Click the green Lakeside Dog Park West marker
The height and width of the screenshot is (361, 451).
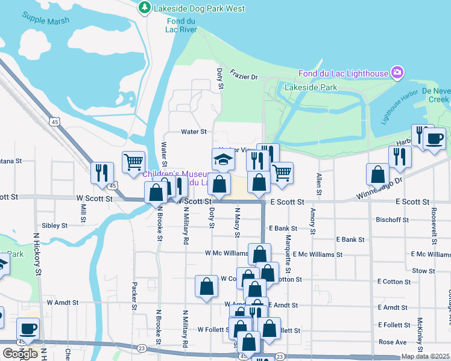(144, 8)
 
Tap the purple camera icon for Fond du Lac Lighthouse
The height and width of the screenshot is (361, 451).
(397, 73)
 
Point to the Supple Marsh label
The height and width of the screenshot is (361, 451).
(46, 17)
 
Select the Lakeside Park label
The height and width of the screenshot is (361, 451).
(311, 87)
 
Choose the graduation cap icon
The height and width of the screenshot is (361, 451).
(222, 159)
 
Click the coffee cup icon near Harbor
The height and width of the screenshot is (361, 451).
(434, 139)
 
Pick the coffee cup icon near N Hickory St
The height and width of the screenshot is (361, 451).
(28, 329)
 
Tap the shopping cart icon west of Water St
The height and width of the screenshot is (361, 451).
(133, 161)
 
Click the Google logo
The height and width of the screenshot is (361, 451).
(20, 353)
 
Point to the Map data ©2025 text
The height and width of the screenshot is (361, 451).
(424, 356)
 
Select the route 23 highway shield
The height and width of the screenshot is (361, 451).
(141, 347)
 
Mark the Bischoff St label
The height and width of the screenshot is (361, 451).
(393, 220)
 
